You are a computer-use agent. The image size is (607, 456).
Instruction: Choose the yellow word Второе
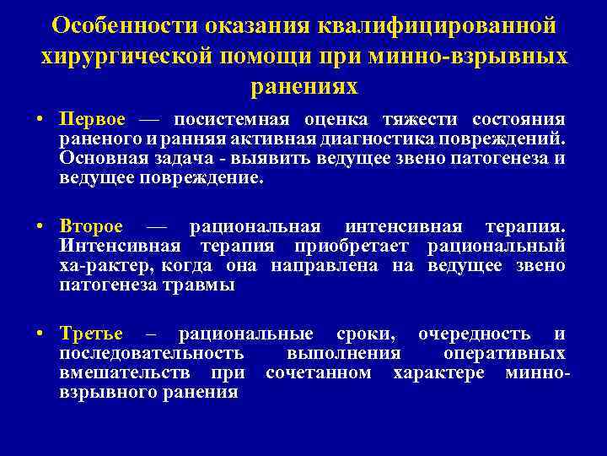point(91,226)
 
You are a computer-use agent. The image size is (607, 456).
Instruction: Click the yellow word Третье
point(91,334)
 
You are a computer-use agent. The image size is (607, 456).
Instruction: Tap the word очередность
point(474,334)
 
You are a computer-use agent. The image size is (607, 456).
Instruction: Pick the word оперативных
point(515,353)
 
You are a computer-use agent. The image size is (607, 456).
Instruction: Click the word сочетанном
point(318,372)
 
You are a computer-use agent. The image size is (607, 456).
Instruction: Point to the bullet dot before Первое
point(40,120)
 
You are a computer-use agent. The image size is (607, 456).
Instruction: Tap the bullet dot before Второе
point(40,227)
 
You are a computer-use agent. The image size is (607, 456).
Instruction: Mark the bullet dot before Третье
point(40,334)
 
